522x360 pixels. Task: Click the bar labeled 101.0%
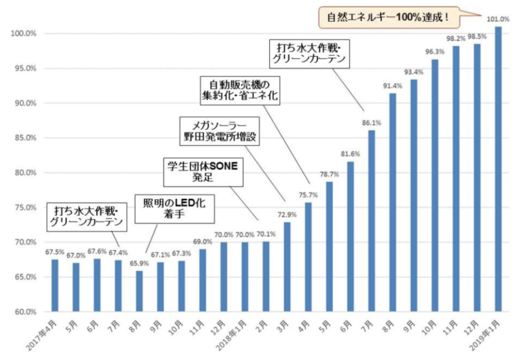(498, 170)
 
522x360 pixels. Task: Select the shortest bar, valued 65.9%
(139, 291)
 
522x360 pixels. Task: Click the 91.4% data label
(393, 86)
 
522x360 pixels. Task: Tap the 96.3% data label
(435, 52)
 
